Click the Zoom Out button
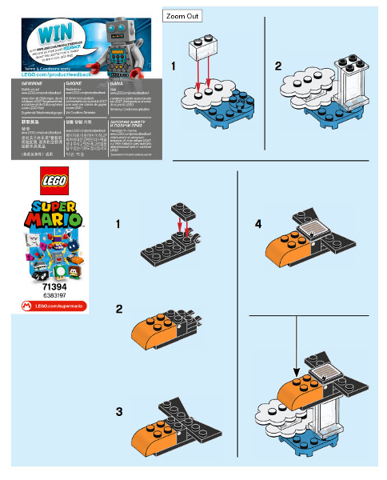182,16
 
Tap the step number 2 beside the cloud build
278,64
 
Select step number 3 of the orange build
118,412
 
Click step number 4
257,225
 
